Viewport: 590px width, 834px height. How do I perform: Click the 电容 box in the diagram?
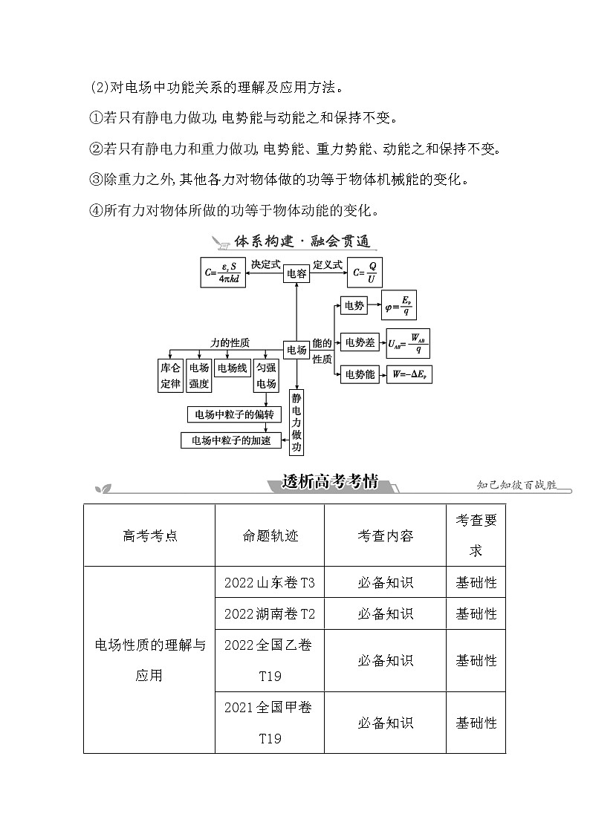click(296, 274)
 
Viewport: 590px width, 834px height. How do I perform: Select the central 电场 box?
click(296, 350)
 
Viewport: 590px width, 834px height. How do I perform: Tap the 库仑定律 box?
click(170, 376)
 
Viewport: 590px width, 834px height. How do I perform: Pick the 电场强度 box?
click(198, 376)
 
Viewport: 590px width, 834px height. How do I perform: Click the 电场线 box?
click(232, 368)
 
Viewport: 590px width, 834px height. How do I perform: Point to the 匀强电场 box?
click(266, 376)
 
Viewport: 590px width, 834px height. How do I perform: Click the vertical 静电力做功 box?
click(296, 423)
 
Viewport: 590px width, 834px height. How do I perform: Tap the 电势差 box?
click(360, 342)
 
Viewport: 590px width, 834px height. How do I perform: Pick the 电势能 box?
click(360, 375)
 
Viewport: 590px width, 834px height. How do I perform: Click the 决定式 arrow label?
click(265, 264)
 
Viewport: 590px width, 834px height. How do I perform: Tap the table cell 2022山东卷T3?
click(269, 583)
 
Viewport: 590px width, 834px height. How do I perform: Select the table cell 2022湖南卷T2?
click(269, 614)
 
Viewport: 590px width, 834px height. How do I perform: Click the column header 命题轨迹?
click(269, 535)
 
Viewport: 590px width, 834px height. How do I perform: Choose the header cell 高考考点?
click(149, 535)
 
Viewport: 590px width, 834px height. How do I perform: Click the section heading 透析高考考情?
click(330, 482)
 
